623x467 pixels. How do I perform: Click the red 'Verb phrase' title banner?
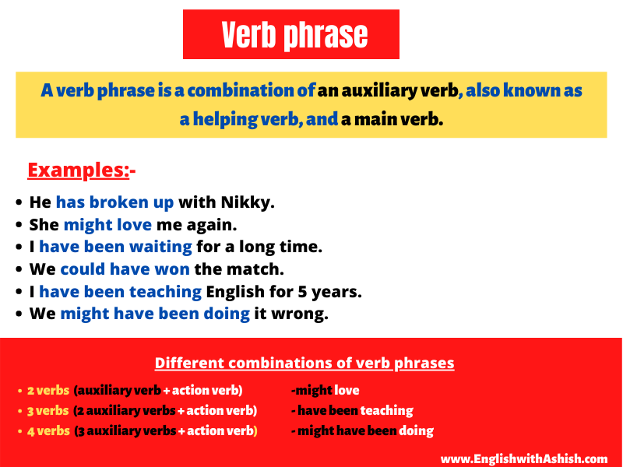290,34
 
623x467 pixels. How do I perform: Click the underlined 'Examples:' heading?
79,170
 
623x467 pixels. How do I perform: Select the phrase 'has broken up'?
114,202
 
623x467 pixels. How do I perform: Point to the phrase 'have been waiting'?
115,247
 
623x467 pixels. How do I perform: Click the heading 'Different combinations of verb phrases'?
304,363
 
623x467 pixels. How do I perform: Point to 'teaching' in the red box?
386,410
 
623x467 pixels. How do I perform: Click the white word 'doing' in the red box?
416,430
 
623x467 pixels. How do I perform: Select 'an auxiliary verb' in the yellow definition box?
388,91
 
